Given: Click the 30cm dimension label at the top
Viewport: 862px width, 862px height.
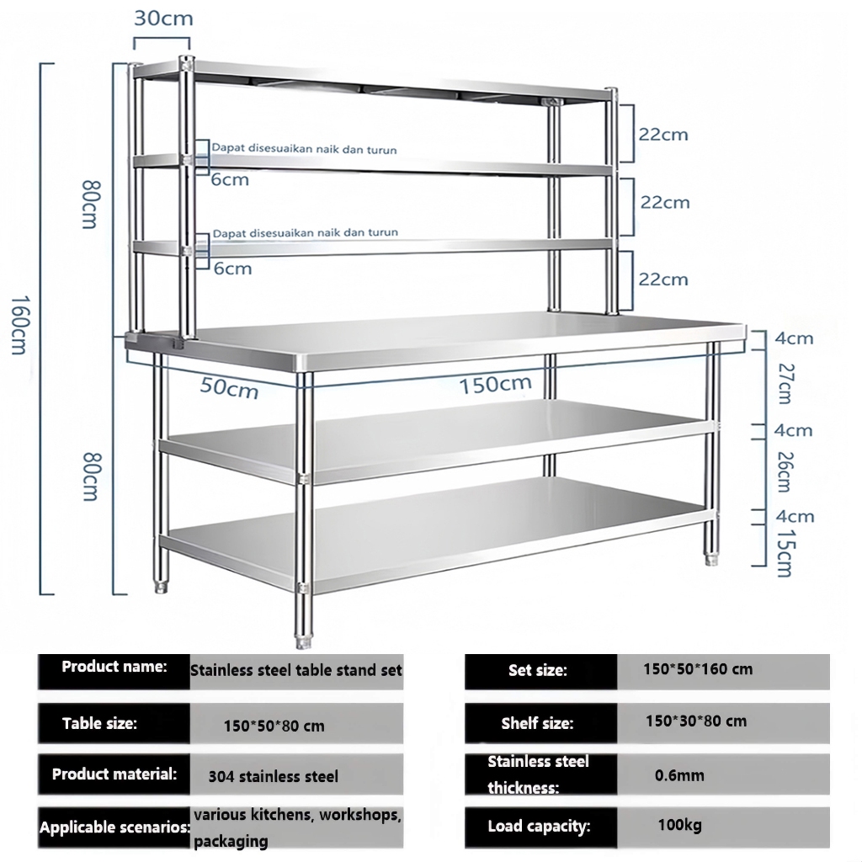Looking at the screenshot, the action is point(163,19).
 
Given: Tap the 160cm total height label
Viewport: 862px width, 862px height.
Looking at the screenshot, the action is point(19,326).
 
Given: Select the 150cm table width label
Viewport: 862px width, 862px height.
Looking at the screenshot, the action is point(495,384).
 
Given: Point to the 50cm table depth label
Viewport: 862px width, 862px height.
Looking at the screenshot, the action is point(229,387).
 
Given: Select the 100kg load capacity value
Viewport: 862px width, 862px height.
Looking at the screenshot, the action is point(679,825).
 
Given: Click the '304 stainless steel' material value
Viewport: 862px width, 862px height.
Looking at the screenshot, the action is point(274,776).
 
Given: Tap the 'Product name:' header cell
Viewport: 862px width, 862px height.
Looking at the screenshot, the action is point(114,671).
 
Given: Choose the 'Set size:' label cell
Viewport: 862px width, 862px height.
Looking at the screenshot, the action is point(541,671).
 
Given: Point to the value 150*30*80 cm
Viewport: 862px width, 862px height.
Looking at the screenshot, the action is point(696,721).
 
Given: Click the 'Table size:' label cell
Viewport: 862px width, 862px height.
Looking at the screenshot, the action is point(114,723).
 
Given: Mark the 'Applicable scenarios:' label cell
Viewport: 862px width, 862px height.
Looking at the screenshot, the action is point(114,827).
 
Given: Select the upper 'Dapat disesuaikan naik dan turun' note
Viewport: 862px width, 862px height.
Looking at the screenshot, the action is point(304,148).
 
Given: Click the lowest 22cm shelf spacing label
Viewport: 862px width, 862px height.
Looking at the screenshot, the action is point(663,279).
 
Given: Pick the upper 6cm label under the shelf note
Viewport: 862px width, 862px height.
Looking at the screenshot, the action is point(231,180).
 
